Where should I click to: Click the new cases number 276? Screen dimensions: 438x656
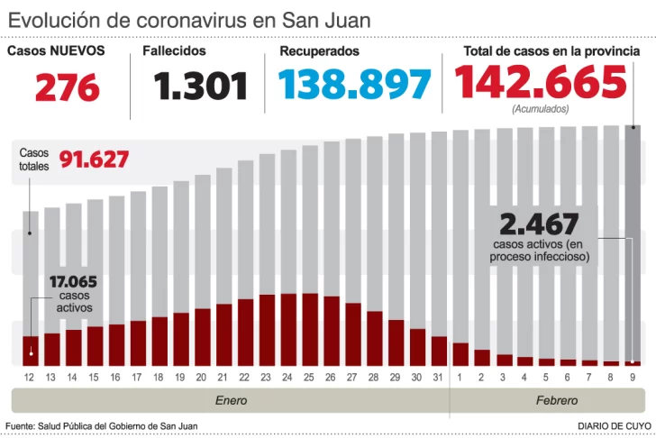67,87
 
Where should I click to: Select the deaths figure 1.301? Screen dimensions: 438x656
200,87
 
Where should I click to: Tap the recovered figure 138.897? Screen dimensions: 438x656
354,85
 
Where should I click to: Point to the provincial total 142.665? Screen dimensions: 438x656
541,83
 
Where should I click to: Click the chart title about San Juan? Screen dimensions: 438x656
189,20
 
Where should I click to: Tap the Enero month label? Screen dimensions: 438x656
231,399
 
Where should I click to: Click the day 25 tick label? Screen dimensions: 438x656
310,377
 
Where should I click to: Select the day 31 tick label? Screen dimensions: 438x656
439,377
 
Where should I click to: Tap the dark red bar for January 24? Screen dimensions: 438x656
288,329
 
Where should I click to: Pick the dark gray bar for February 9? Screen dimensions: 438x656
633,243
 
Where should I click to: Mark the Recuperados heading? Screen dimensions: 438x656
319,51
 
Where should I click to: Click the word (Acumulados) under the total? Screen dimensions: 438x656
541,109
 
